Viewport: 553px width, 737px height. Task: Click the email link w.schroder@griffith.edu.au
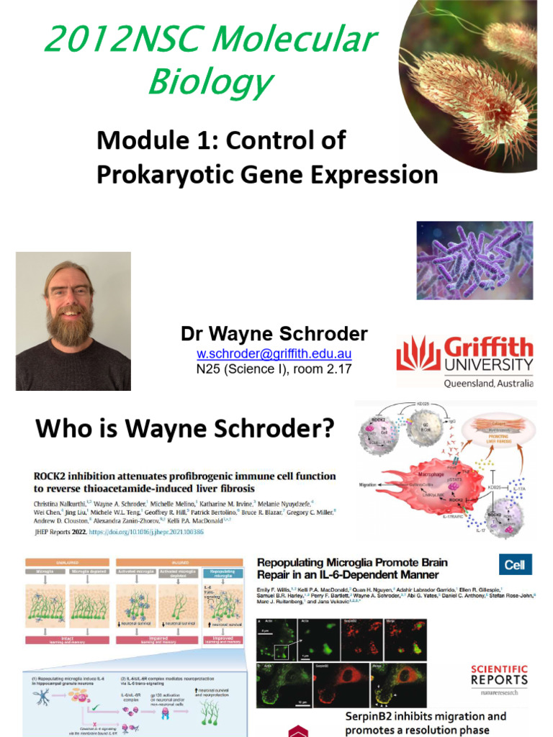[x=274, y=354]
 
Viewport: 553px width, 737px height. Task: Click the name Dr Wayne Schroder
[x=274, y=334]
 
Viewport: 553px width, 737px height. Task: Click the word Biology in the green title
[x=210, y=82]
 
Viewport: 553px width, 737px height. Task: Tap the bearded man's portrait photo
[x=73, y=321]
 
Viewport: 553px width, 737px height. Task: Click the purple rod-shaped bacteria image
[x=475, y=261]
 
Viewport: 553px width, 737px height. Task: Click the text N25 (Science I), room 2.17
[x=274, y=370]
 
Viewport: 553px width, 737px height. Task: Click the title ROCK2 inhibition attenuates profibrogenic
[x=185, y=476]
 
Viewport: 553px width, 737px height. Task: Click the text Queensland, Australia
[x=488, y=384]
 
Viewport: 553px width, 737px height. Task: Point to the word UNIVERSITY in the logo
[x=488, y=364]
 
